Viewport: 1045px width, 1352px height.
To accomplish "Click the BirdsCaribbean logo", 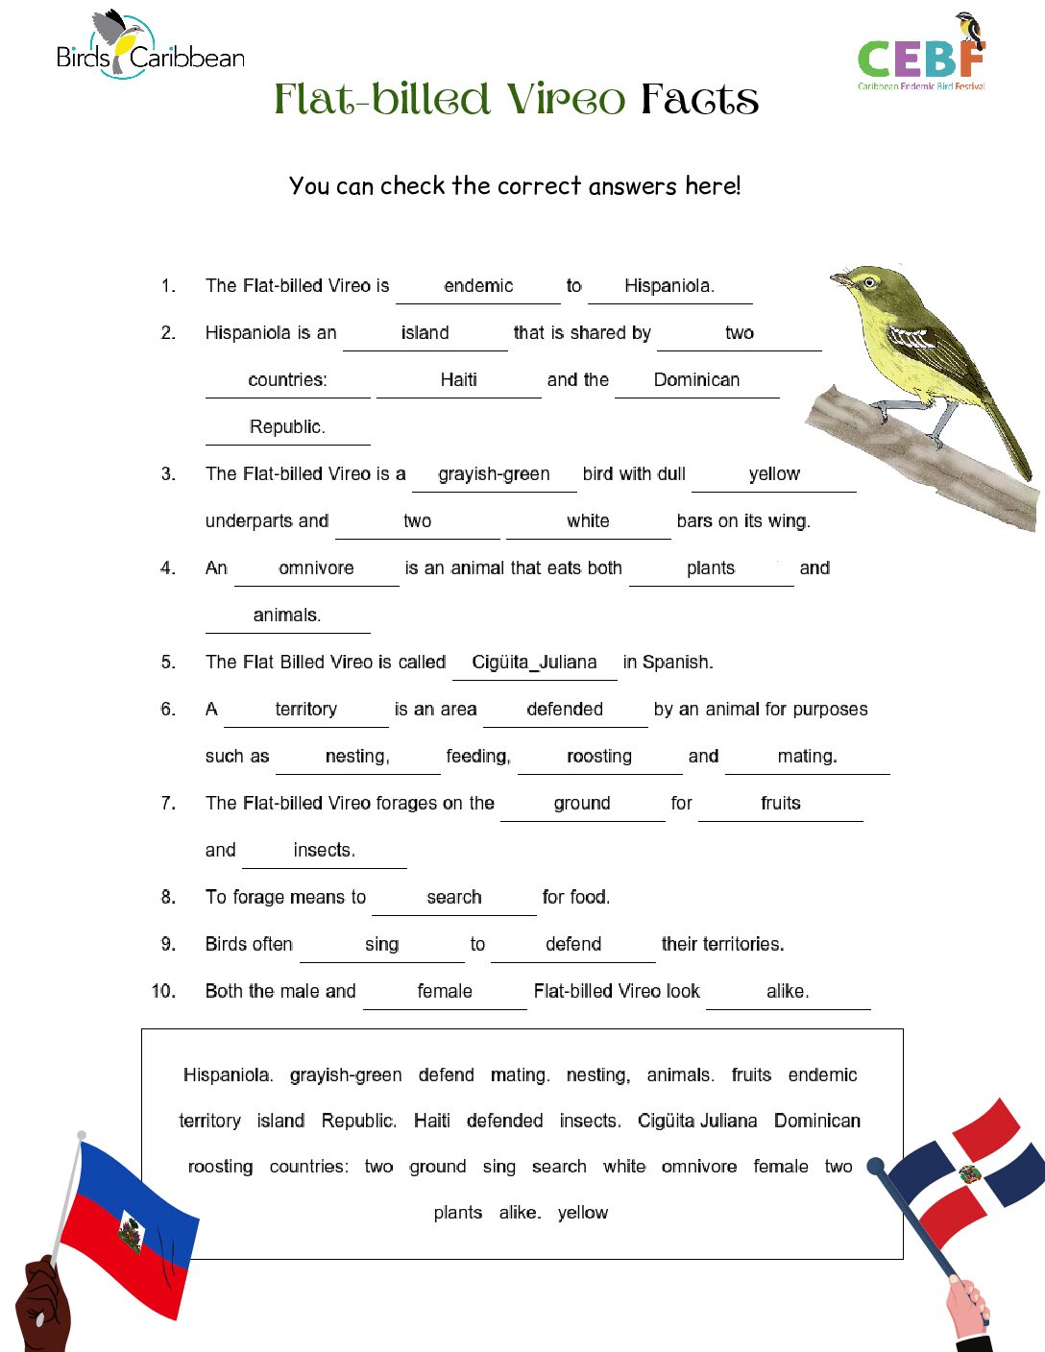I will (x=150, y=48).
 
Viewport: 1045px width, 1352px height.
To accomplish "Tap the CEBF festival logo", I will (x=922, y=56).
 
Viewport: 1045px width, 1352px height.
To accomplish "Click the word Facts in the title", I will (x=699, y=99).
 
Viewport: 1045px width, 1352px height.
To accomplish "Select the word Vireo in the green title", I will (x=566, y=99).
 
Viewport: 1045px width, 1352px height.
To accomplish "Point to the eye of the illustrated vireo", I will (x=870, y=283).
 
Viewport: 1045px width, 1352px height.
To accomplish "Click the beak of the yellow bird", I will (x=840, y=279).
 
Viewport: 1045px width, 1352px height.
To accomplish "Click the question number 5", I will (x=168, y=662).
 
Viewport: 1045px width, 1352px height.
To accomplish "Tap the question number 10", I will (x=163, y=991).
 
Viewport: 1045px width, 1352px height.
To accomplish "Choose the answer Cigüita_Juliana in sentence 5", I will (x=534, y=662).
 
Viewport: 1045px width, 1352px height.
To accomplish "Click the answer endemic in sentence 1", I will (x=478, y=285).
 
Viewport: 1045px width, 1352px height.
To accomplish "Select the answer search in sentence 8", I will (x=454, y=897).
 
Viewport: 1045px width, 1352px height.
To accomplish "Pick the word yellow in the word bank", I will (x=582, y=1212).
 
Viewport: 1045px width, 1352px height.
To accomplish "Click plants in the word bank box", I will (x=457, y=1212).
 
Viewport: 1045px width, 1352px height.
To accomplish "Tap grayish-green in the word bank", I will (x=346, y=1074).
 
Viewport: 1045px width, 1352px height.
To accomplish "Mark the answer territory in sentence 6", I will (x=305, y=709).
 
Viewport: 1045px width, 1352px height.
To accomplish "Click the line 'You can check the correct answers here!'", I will (x=515, y=185).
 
